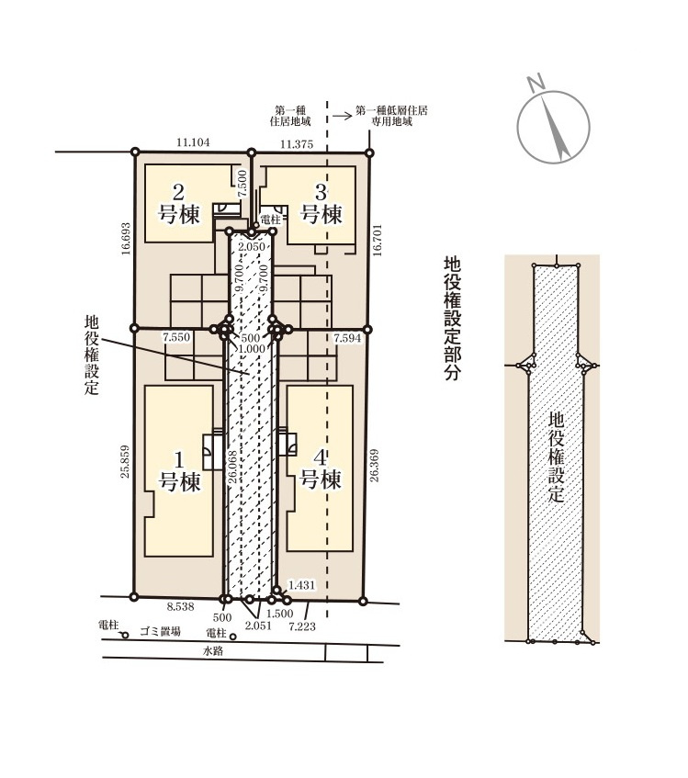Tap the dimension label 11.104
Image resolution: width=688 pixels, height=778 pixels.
(194, 141)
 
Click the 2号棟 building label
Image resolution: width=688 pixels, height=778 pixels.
(179, 204)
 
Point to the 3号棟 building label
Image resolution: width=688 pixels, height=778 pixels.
(321, 204)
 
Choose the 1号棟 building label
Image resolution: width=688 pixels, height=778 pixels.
(179, 469)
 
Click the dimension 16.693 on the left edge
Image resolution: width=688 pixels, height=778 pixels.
(125, 241)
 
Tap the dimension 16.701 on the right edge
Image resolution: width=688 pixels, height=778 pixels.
(378, 241)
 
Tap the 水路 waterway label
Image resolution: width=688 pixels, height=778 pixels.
(213, 651)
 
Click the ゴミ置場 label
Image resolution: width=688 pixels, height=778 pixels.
(160, 632)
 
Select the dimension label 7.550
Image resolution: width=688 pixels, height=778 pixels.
(175, 338)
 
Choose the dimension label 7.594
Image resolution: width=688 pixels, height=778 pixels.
(347, 339)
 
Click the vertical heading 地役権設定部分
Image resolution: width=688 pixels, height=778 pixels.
(451, 318)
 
